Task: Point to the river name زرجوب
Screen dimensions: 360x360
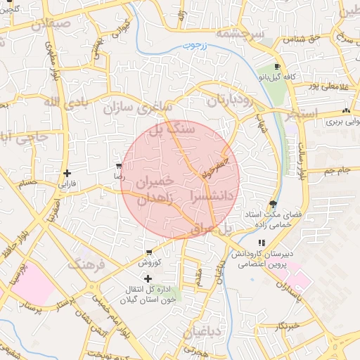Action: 197,46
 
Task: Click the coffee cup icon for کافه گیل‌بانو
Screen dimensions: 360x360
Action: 276,67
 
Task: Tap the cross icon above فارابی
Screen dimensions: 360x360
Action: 66,173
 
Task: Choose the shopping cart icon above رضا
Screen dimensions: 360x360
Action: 118,167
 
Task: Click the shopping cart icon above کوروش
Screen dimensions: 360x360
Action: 149,253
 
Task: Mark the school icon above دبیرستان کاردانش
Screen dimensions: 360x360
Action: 262,243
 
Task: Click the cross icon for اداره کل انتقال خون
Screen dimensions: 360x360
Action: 147,279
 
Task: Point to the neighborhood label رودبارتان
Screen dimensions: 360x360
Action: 229,100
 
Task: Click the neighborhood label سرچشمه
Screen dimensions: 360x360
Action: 238,33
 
